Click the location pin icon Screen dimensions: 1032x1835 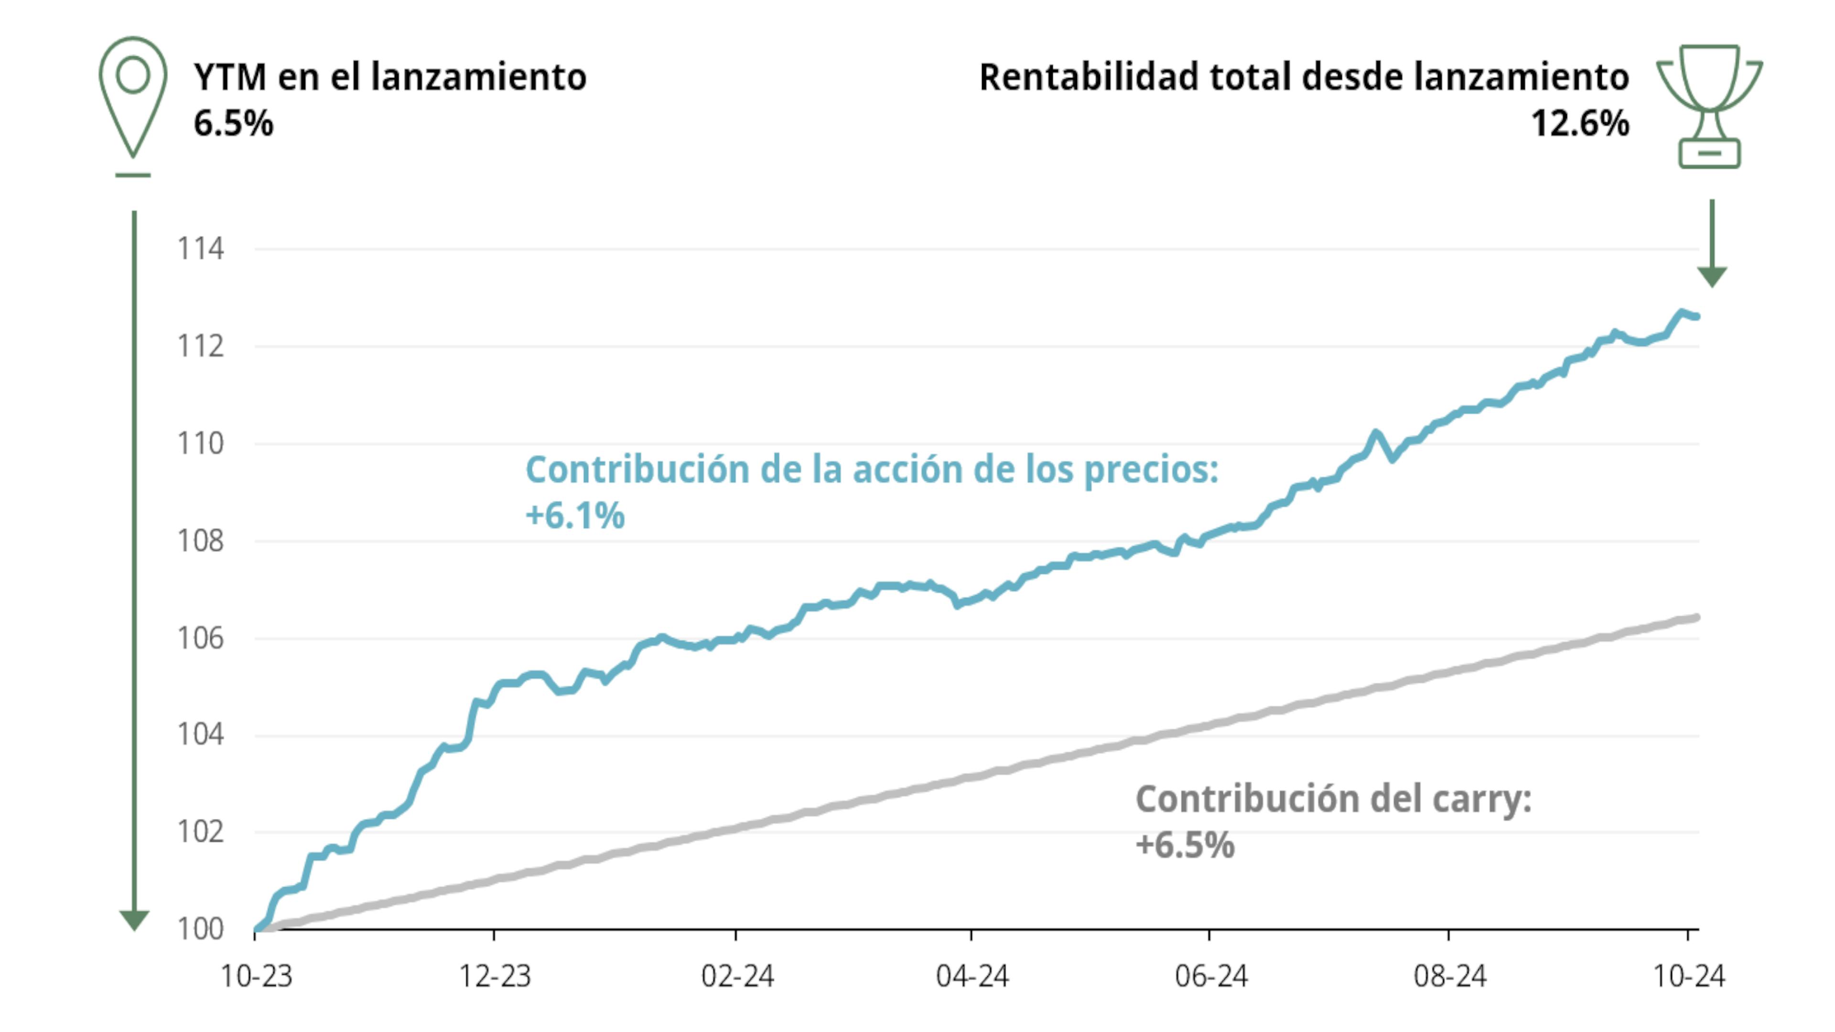133,96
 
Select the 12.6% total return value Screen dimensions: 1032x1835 1580,123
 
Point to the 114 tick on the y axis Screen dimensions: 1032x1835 200,249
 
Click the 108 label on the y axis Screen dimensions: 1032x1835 200,541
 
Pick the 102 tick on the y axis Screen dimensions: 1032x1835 200,832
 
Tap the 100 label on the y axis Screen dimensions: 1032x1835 200,929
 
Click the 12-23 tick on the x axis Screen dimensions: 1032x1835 495,976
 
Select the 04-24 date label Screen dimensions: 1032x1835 971,976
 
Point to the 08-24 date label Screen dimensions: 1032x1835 1450,976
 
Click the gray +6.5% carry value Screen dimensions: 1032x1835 1185,845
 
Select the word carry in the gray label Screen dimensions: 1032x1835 1490,799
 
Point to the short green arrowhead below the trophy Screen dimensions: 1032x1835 1712,276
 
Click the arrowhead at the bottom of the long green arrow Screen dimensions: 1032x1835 134,919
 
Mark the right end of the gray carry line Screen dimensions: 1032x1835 1697,617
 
